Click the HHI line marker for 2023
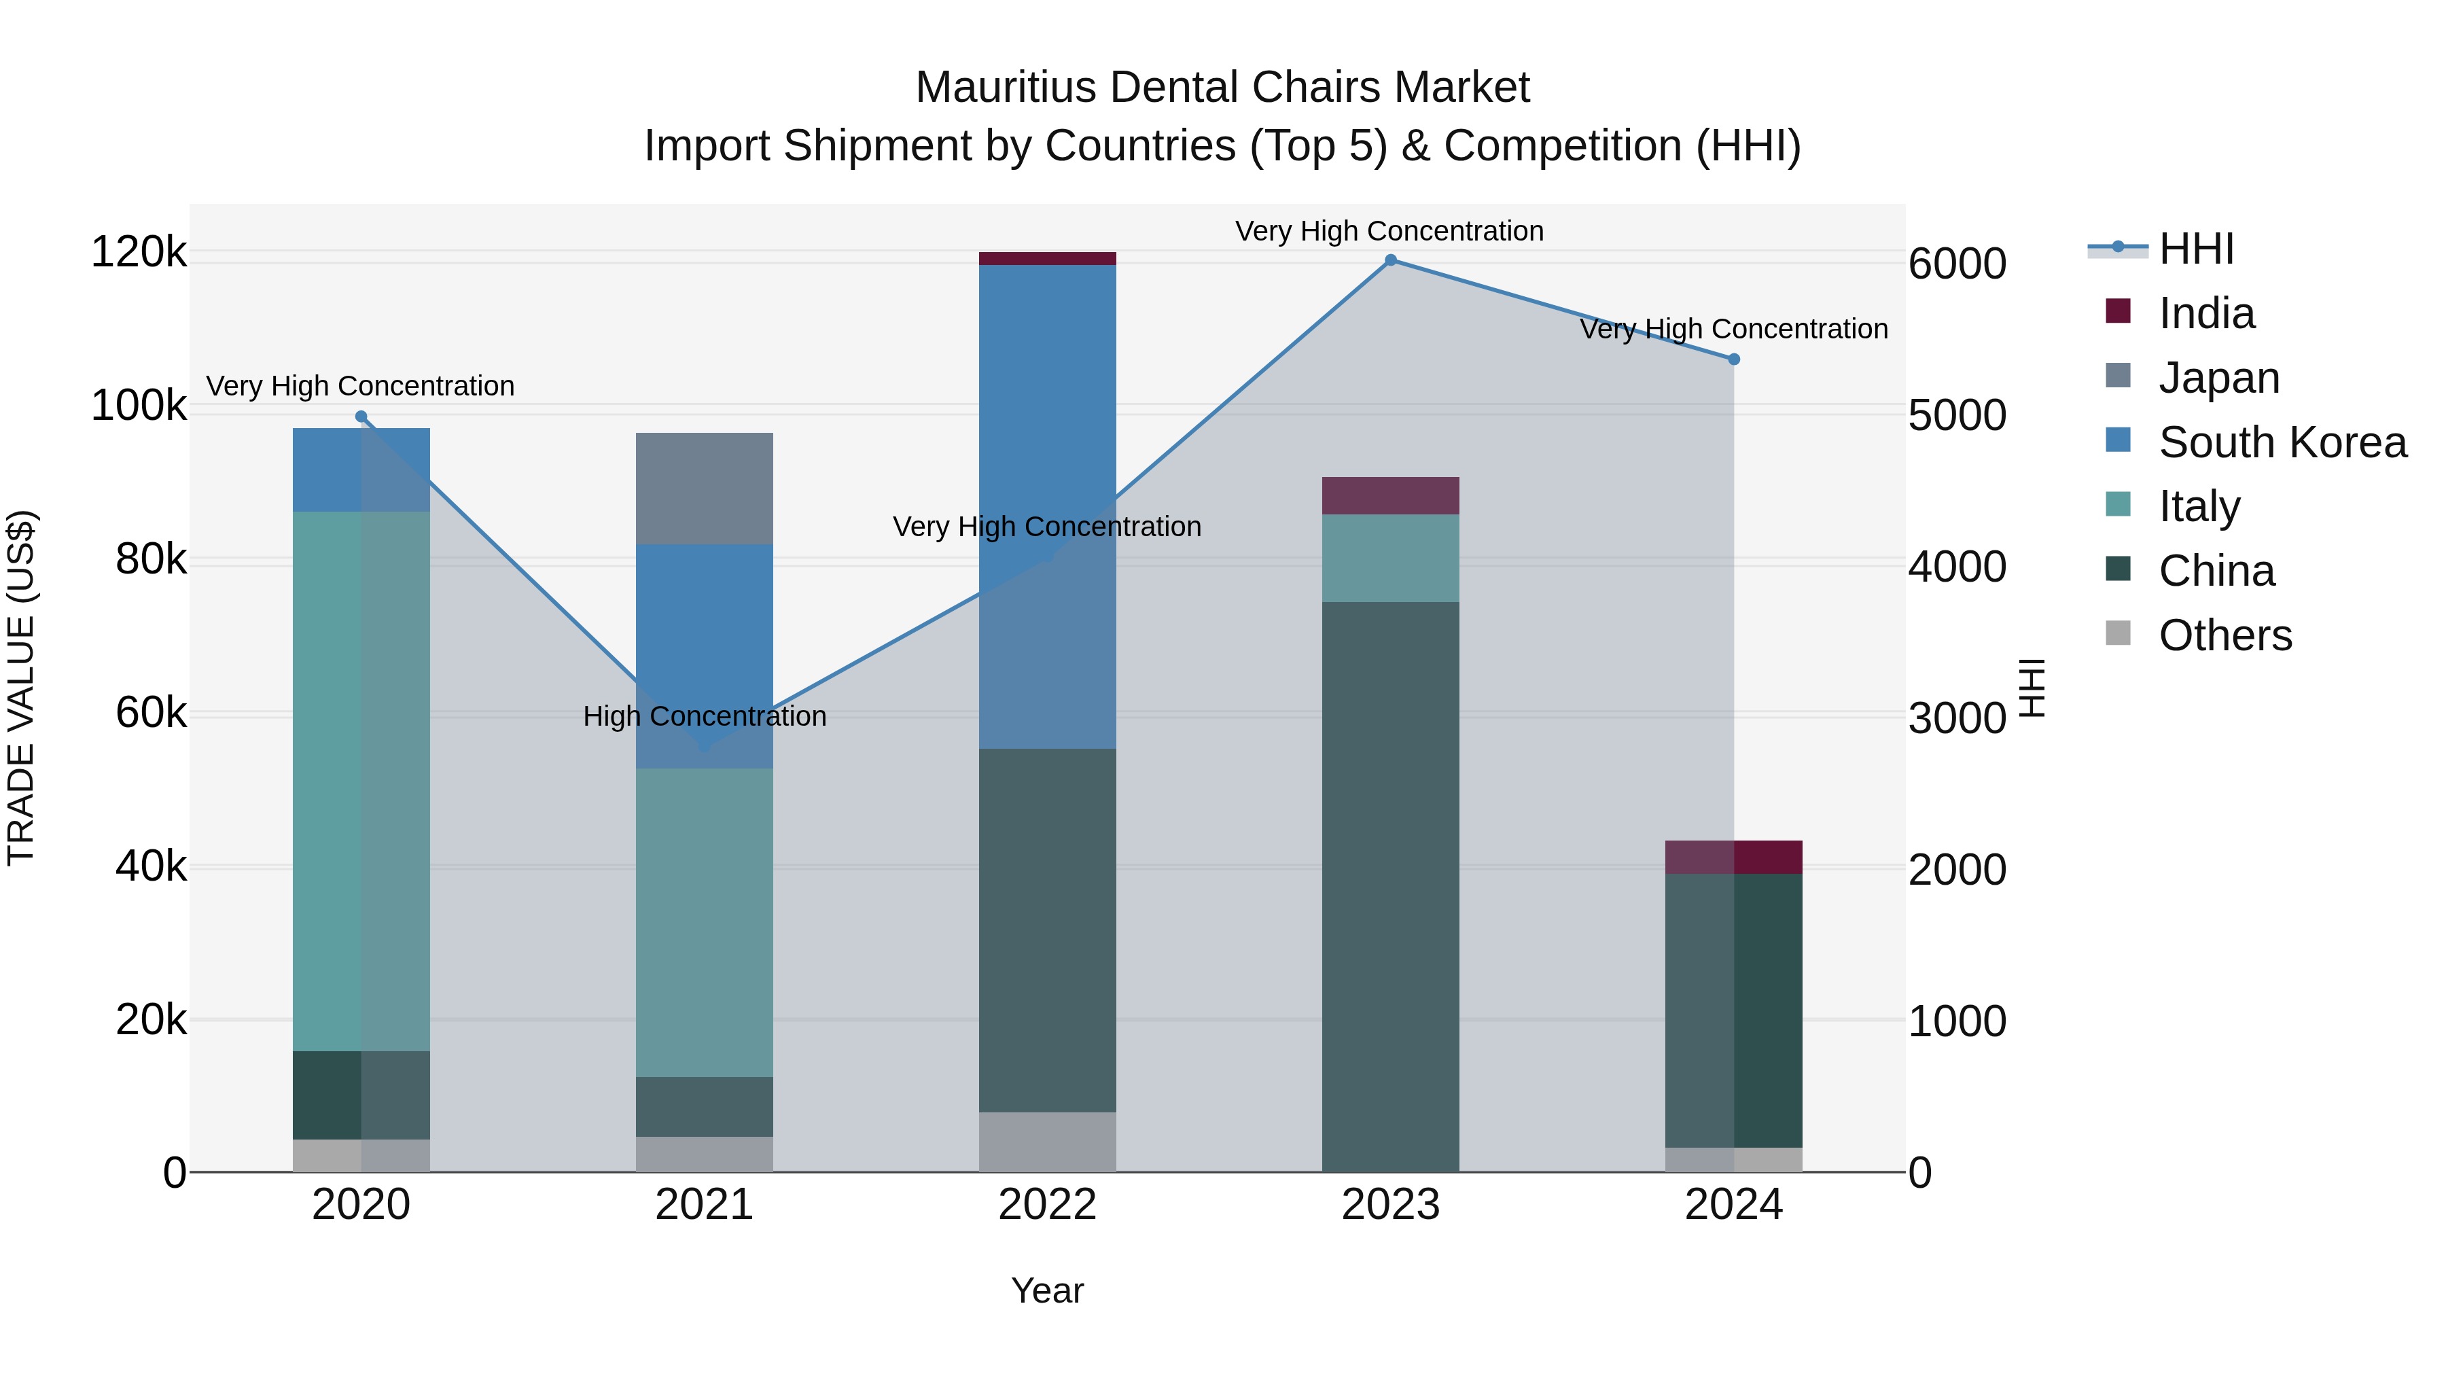[1390, 260]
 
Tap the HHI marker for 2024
[1733, 359]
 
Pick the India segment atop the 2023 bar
[1390, 496]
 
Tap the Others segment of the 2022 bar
[1047, 1142]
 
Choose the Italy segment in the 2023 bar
[1390, 559]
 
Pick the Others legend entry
[2224, 635]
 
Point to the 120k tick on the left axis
[139, 253]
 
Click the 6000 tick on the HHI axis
[1957, 264]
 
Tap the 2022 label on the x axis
[1047, 1205]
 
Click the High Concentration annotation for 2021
[704, 716]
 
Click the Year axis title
[1047, 1290]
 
